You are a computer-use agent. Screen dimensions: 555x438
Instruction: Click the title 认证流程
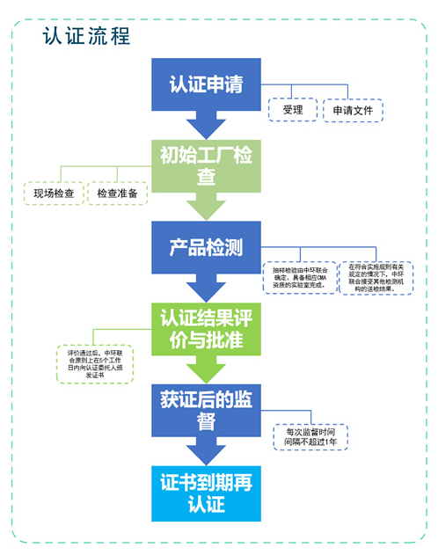tap(86, 36)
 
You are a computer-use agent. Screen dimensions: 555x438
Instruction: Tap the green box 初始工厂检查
tap(206, 165)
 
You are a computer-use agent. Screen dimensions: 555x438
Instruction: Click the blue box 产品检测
tap(206, 247)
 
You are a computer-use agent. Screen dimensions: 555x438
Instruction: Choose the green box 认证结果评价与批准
tap(206, 326)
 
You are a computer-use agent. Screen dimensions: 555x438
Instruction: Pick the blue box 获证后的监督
tap(206, 408)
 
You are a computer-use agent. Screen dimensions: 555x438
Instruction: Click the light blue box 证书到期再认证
tap(206, 492)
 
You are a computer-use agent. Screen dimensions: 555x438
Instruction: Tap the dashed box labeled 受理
tap(292, 111)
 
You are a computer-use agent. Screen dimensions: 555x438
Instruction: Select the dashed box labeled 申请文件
tap(350, 111)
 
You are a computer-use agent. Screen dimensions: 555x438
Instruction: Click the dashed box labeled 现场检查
tap(54, 194)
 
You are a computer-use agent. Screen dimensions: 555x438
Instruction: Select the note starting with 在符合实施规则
tap(376, 276)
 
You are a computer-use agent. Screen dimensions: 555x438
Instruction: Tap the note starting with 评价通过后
tap(91, 363)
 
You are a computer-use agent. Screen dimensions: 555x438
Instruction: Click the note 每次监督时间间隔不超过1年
tap(304, 437)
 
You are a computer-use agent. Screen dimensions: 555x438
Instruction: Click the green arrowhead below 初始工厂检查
tap(206, 209)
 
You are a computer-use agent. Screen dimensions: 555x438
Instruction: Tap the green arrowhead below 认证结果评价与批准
tap(206, 370)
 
